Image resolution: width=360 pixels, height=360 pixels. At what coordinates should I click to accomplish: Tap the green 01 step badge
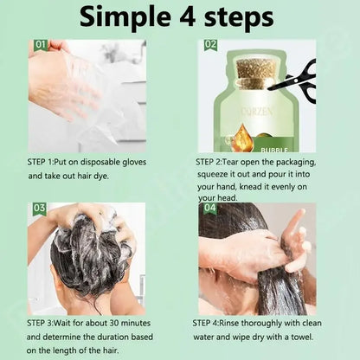point(40,45)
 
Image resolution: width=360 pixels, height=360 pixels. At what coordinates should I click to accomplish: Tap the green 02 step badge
point(211,45)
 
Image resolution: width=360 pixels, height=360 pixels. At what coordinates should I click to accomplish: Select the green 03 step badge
point(39,209)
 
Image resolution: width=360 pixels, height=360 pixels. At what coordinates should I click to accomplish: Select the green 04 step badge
point(210,209)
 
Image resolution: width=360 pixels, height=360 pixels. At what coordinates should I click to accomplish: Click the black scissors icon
point(294,78)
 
